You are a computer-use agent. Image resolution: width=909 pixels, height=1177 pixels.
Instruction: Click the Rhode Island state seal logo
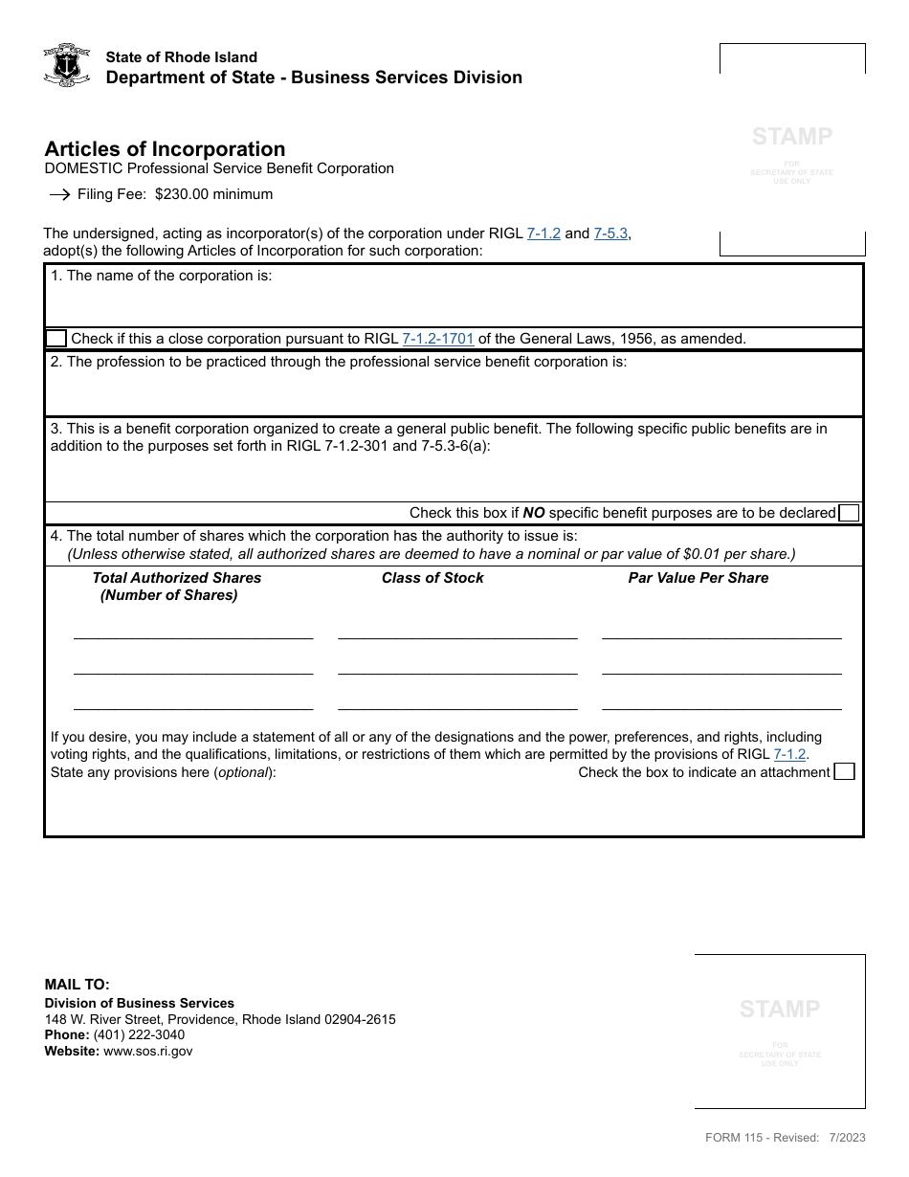(67, 65)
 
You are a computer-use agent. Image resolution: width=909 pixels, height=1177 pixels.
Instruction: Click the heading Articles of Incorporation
(165, 149)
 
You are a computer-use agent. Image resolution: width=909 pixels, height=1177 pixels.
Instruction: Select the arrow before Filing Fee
(59, 194)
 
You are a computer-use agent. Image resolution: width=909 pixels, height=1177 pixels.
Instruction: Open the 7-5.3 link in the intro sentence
(610, 233)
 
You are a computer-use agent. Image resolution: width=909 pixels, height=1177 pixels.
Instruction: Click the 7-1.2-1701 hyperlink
(437, 338)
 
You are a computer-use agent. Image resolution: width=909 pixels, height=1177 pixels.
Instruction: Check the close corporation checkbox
(56, 338)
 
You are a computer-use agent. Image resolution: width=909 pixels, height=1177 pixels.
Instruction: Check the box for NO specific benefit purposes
(849, 513)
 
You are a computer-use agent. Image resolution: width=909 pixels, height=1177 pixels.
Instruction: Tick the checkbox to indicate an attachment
(844, 771)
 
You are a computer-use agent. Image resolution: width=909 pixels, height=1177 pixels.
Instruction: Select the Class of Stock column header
(432, 578)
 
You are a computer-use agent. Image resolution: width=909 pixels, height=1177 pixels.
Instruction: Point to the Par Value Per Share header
(698, 578)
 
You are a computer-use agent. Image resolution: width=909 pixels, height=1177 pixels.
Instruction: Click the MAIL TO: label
(78, 984)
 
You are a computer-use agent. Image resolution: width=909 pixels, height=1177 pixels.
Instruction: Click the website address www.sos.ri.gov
(147, 1051)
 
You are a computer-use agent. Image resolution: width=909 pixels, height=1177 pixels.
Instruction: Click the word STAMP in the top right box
(791, 137)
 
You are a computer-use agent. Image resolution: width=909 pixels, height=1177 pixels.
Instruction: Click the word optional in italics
(242, 772)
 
